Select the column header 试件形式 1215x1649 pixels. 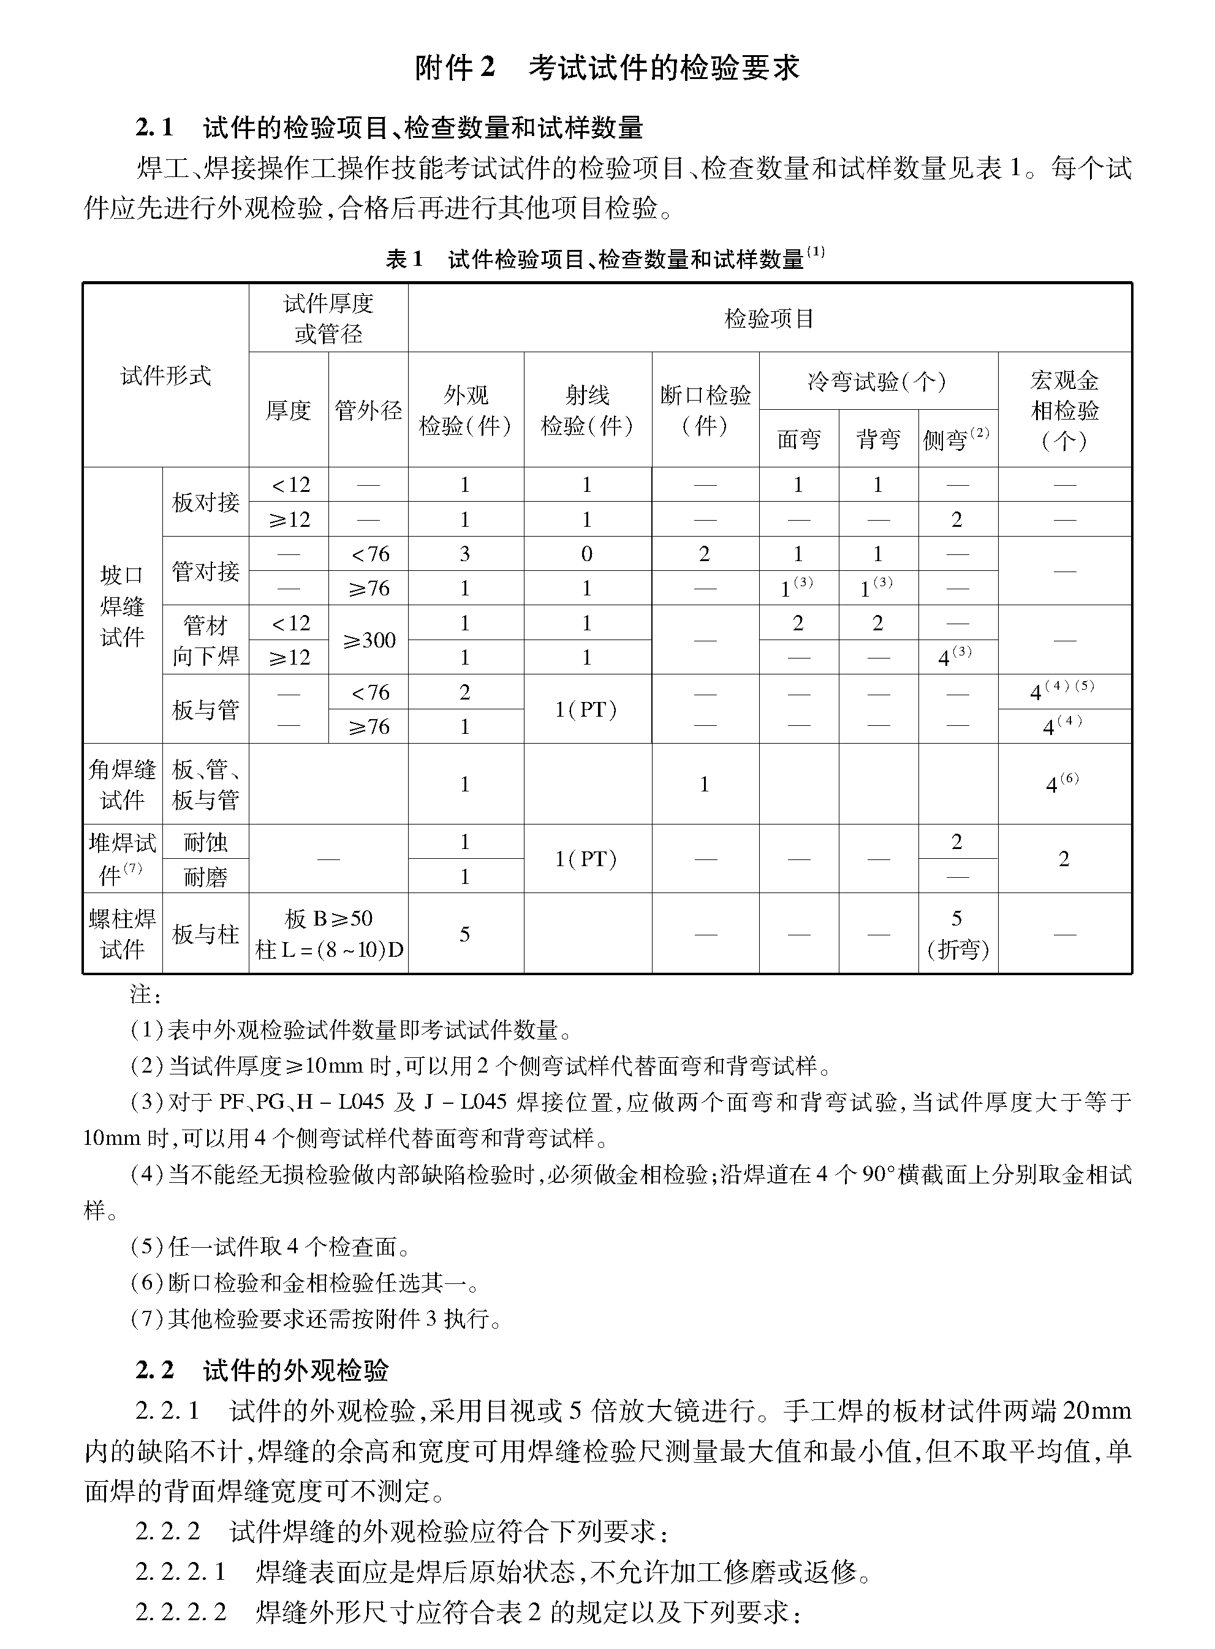165,375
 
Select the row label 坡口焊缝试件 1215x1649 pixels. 122,606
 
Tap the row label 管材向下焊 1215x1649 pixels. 205,640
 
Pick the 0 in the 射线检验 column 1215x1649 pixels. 586,554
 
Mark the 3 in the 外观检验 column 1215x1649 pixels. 465,554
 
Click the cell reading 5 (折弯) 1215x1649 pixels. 957,934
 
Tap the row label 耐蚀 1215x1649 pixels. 205,842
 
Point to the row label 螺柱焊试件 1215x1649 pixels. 122,934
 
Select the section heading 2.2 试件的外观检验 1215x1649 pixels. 262,1370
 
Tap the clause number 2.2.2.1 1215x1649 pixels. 180,1571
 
